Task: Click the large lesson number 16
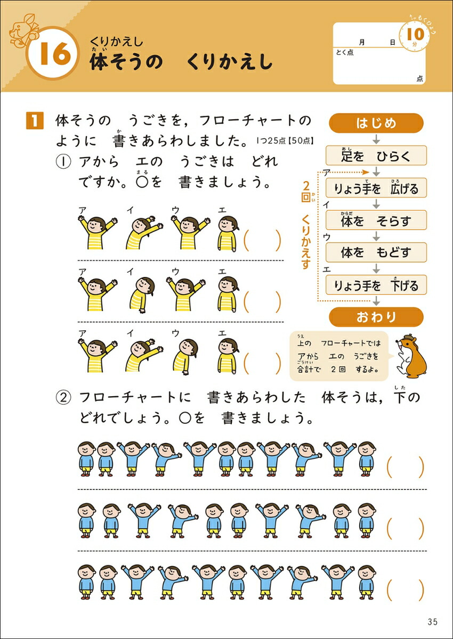tap(55, 53)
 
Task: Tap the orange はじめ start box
tap(376, 123)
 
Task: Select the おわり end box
tap(376, 317)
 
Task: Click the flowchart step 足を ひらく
tap(376, 155)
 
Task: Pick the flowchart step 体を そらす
tap(376, 220)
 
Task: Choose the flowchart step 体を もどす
tap(376, 252)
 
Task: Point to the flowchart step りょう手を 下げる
tap(376, 285)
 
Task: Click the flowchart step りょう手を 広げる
tap(376, 187)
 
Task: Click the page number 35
tap(432, 622)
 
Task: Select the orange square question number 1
tap(35, 121)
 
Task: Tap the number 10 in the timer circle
tap(415, 34)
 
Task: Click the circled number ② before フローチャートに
tap(63, 398)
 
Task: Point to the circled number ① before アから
tap(63, 162)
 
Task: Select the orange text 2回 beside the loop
tap(306, 192)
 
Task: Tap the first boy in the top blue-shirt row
tap(86, 459)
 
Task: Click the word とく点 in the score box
tap(345, 52)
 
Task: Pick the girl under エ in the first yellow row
tap(228, 234)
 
